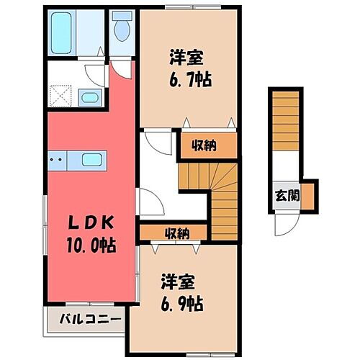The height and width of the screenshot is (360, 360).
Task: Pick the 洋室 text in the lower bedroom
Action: (x=175, y=280)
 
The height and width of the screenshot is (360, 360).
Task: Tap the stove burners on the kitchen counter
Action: (x=58, y=160)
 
